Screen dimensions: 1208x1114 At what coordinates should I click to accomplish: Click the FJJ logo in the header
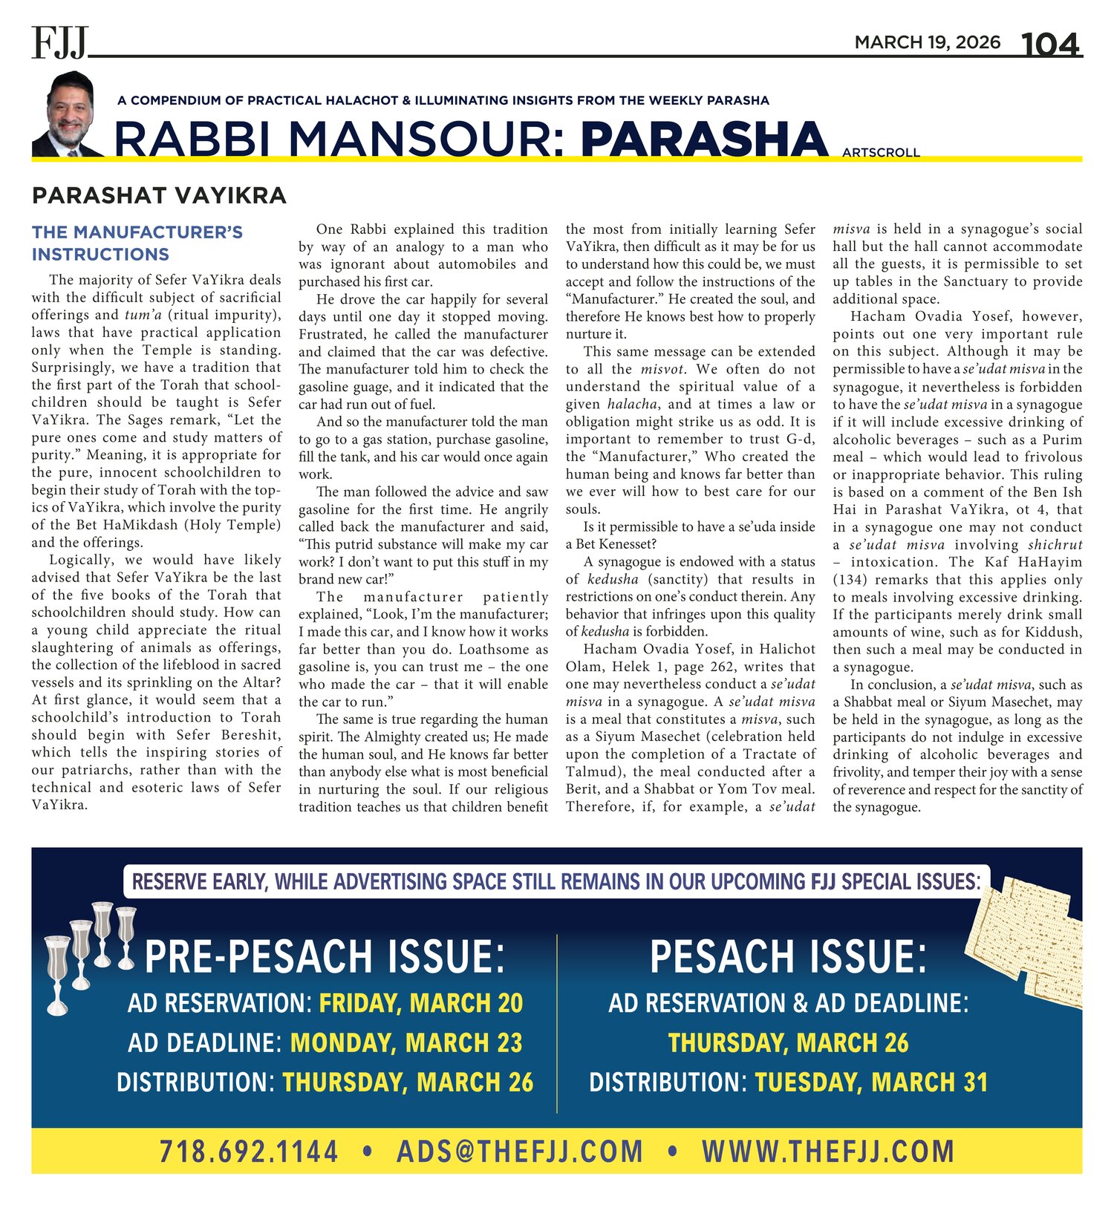coord(59,42)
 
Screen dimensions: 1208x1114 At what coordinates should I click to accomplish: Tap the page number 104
coord(1051,45)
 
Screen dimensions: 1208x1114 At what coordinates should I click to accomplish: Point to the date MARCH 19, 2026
coord(927,42)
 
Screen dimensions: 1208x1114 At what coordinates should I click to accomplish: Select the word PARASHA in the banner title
coord(704,140)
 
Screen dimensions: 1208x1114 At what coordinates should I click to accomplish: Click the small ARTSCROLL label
coord(881,153)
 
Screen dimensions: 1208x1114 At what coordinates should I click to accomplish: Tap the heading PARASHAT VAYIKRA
coord(159,196)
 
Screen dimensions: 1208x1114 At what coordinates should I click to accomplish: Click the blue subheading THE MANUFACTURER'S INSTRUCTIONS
coord(137,244)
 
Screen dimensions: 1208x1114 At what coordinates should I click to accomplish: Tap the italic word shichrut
coord(1055,545)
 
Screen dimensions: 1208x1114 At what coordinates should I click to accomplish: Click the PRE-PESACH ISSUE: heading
coord(325,956)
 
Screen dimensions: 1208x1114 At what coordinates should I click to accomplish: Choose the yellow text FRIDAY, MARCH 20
coord(421,1004)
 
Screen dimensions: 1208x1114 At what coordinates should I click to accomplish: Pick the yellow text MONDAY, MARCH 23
coord(406,1043)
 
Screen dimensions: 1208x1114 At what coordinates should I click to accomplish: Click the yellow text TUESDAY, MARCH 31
coord(871,1083)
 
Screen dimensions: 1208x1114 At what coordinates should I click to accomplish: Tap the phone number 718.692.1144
coord(249,1152)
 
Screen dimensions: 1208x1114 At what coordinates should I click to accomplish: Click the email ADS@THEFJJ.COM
coord(520,1152)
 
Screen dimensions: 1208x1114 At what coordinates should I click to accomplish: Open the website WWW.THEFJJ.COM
coord(827,1152)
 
